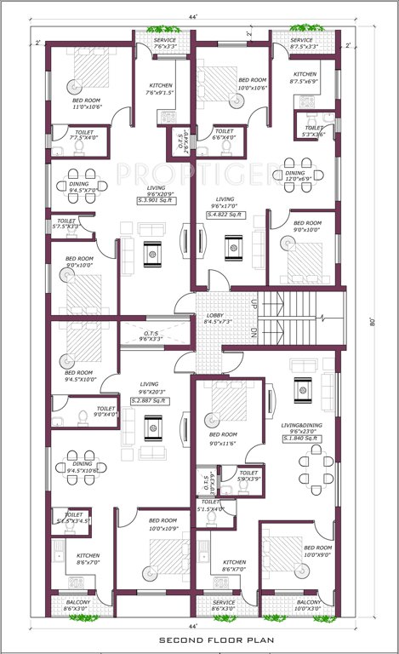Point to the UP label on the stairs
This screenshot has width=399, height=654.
click(x=254, y=302)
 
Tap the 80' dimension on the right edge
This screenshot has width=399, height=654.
click(x=371, y=322)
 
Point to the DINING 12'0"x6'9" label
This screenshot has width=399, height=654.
click(x=300, y=176)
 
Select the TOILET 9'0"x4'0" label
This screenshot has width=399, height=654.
click(x=105, y=411)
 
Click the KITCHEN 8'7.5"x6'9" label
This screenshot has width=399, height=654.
click(x=305, y=79)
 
